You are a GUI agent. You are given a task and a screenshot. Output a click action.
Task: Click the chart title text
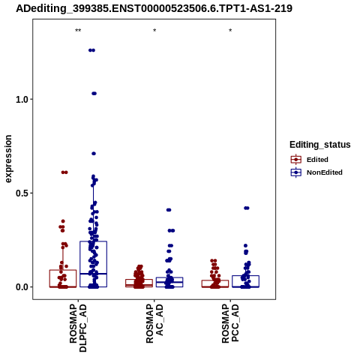(x=154, y=8)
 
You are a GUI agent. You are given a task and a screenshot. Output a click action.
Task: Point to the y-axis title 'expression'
(x=8, y=159)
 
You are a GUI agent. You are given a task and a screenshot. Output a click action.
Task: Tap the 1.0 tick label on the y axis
(x=21, y=100)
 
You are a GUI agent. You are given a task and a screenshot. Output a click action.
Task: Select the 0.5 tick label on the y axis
(x=21, y=193)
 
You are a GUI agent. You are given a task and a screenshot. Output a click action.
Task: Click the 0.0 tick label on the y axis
(x=21, y=287)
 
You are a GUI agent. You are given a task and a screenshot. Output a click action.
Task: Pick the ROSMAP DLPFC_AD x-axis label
(x=78, y=328)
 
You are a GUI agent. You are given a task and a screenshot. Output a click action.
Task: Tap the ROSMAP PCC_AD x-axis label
(x=230, y=324)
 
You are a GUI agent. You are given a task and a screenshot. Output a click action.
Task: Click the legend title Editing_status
(x=320, y=145)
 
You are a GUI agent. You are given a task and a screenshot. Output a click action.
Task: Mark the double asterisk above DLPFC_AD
(x=78, y=31)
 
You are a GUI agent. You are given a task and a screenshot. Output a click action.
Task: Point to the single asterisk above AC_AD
(x=154, y=31)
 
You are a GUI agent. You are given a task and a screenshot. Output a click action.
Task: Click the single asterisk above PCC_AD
(x=230, y=31)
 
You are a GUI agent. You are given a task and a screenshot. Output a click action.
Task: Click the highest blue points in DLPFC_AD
(x=91, y=50)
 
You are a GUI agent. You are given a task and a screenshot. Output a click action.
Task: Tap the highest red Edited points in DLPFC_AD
(x=64, y=172)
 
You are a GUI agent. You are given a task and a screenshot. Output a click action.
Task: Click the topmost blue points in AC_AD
(x=169, y=210)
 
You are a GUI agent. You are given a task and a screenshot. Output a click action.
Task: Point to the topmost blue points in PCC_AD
(x=247, y=208)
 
